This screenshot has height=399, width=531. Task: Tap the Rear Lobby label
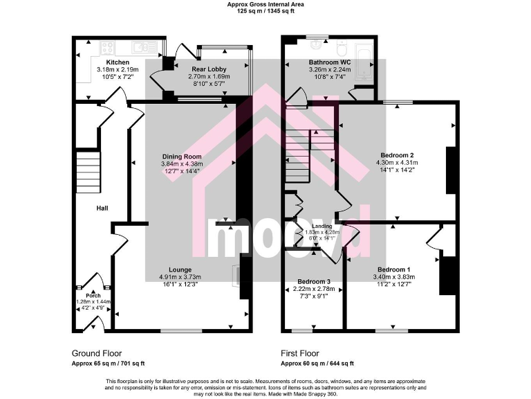click(209, 69)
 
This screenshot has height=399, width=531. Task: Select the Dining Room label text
click(182, 157)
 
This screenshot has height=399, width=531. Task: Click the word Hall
click(102, 208)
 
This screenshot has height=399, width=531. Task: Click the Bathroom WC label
click(330, 62)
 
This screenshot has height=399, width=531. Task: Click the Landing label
click(322, 227)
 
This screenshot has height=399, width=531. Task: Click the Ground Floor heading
click(97, 353)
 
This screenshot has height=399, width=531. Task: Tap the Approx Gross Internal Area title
click(265, 4)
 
